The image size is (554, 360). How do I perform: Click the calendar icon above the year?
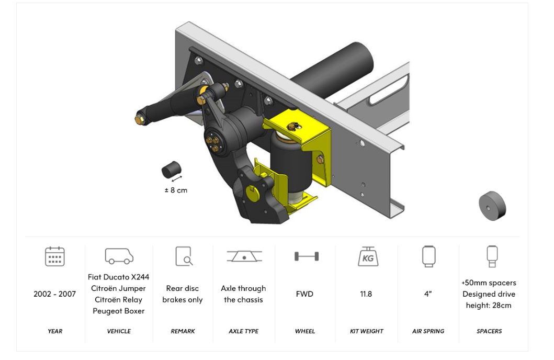(x=55, y=256)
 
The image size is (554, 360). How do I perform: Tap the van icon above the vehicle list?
(x=119, y=256)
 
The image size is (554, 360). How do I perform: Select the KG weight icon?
(x=368, y=256)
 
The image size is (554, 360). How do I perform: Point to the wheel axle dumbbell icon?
(x=307, y=256)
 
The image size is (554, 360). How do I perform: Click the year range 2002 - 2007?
(x=55, y=294)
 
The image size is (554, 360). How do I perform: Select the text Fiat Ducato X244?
(x=119, y=277)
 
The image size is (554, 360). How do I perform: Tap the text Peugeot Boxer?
(x=119, y=311)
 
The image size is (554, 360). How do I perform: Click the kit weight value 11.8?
(x=366, y=294)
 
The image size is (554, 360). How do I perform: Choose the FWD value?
(x=304, y=294)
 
